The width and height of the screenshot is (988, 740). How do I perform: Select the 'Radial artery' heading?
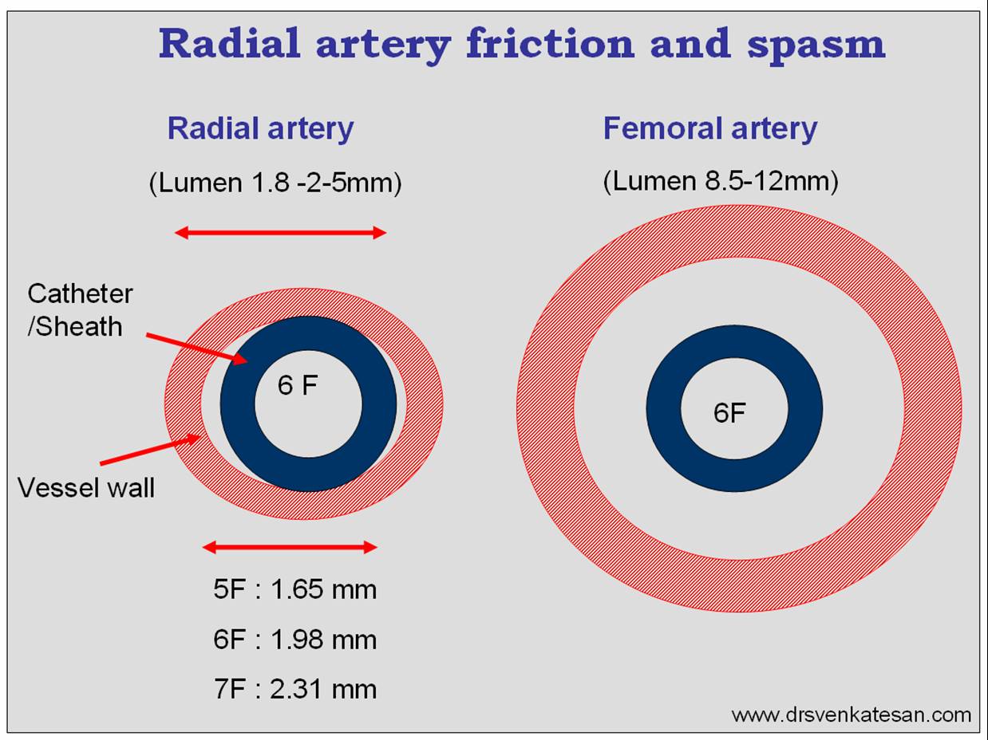click(x=260, y=128)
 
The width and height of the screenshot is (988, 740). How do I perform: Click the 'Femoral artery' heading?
click(x=709, y=128)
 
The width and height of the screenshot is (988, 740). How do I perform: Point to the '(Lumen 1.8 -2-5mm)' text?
click(x=275, y=183)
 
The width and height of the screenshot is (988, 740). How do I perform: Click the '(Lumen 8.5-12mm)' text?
click(x=720, y=181)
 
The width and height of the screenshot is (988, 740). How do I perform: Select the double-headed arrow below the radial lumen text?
click(x=280, y=233)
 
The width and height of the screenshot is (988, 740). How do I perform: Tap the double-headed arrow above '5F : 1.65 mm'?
click(x=289, y=547)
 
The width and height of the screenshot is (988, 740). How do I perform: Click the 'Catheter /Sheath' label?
click(x=80, y=309)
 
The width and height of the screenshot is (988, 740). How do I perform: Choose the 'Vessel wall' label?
click(x=86, y=487)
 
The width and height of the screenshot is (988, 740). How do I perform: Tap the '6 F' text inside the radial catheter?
click(x=298, y=386)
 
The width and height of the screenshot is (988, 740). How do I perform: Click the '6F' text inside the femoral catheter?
click(x=729, y=413)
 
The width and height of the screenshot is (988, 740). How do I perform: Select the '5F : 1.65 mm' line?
click(x=294, y=590)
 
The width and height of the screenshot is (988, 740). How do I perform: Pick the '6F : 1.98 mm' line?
click(x=294, y=640)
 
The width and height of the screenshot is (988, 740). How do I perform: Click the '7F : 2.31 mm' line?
click(x=294, y=688)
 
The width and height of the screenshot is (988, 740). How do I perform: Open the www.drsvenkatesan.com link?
click(x=851, y=714)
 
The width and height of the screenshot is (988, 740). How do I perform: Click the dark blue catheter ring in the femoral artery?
click(x=663, y=408)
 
